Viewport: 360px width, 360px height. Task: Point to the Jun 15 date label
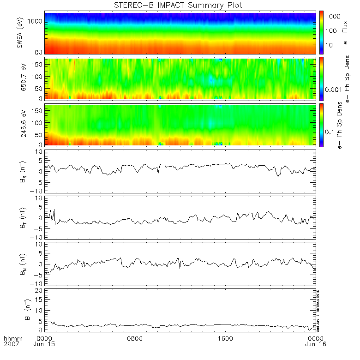(45, 344)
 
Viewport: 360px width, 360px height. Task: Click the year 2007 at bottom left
(12, 344)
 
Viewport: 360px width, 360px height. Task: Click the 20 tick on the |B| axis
(39, 289)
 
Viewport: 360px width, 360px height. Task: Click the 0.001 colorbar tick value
(335, 89)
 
